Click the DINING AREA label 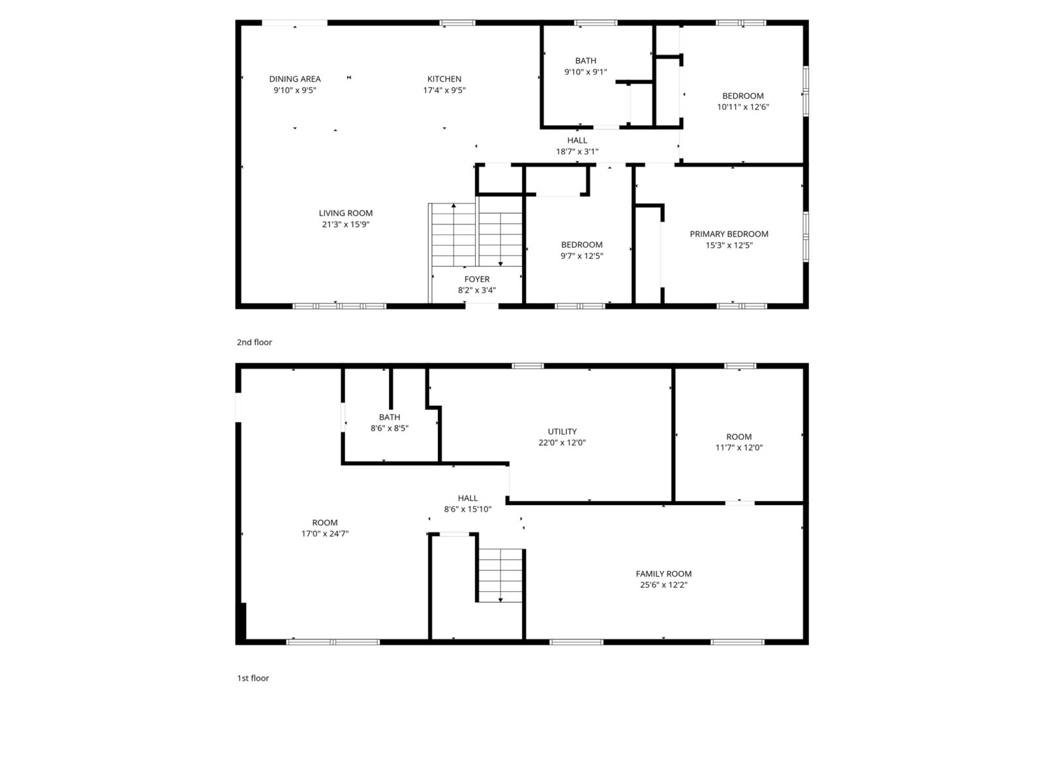tap(294, 79)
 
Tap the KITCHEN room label tap(444, 79)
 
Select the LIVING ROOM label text tap(345, 213)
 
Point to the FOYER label tap(476, 279)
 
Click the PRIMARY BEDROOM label tap(729, 234)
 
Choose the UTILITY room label tap(562, 431)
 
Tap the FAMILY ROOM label tap(664, 574)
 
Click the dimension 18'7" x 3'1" tap(577, 151)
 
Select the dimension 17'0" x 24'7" tap(324, 533)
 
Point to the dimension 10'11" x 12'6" tap(743, 107)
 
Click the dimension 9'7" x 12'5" tap(581, 256)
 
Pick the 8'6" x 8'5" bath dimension tap(389, 428)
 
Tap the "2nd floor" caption tap(254, 343)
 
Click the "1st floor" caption tap(253, 679)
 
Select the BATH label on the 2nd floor tap(585, 61)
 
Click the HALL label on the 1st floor tap(467, 498)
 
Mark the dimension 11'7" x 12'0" tap(739, 448)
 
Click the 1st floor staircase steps tap(500, 576)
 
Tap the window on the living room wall tap(339, 305)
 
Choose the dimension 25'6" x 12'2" tap(664, 585)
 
